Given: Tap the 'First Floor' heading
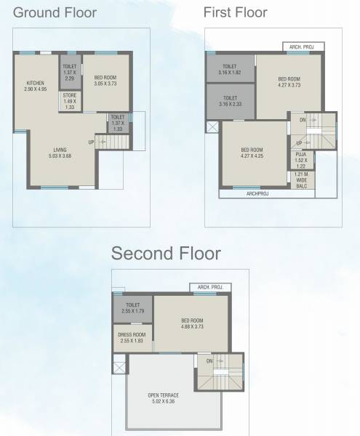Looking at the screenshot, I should (235, 12).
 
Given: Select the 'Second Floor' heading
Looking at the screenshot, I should (166, 254).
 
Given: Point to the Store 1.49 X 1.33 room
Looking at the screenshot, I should (69, 101).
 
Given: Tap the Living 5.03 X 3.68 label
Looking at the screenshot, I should (60, 153).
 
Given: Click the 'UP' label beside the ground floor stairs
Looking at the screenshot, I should (91, 142).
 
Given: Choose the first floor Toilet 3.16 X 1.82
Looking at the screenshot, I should (229, 70).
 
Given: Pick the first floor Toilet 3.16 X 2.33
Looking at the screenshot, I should (229, 101).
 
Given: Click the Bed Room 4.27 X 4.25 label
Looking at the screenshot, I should (252, 153).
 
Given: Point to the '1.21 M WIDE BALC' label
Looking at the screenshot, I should (301, 180).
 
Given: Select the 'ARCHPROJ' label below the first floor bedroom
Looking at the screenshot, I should (257, 194).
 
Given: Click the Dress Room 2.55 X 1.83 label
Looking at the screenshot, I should (132, 337).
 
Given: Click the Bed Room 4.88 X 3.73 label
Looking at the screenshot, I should (192, 323).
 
